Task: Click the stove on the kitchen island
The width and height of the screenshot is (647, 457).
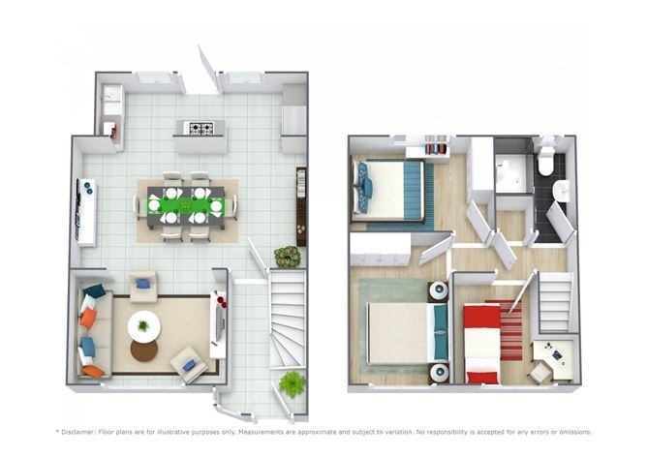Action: [200, 128]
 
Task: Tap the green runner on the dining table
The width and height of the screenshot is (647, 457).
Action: [185, 205]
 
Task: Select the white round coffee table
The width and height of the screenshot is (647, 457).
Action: [144, 325]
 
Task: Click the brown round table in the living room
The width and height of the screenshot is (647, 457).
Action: [143, 350]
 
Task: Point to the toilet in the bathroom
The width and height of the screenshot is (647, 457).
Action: [545, 161]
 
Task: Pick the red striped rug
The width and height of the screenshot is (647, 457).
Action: [510, 329]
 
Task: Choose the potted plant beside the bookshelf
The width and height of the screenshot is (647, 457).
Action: [287, 257]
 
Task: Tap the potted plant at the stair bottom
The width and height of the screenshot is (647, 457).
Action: [292, 383]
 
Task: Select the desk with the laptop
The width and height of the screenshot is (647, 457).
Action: [554, 358]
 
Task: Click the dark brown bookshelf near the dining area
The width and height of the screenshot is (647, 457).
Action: [301, 205]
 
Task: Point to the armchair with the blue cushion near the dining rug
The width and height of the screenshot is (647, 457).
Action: [144, 285]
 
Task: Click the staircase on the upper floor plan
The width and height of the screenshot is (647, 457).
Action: [556, 302]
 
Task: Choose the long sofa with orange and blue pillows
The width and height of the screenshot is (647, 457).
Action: [89, 330]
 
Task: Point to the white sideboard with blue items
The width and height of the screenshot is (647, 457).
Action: [86, 212]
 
